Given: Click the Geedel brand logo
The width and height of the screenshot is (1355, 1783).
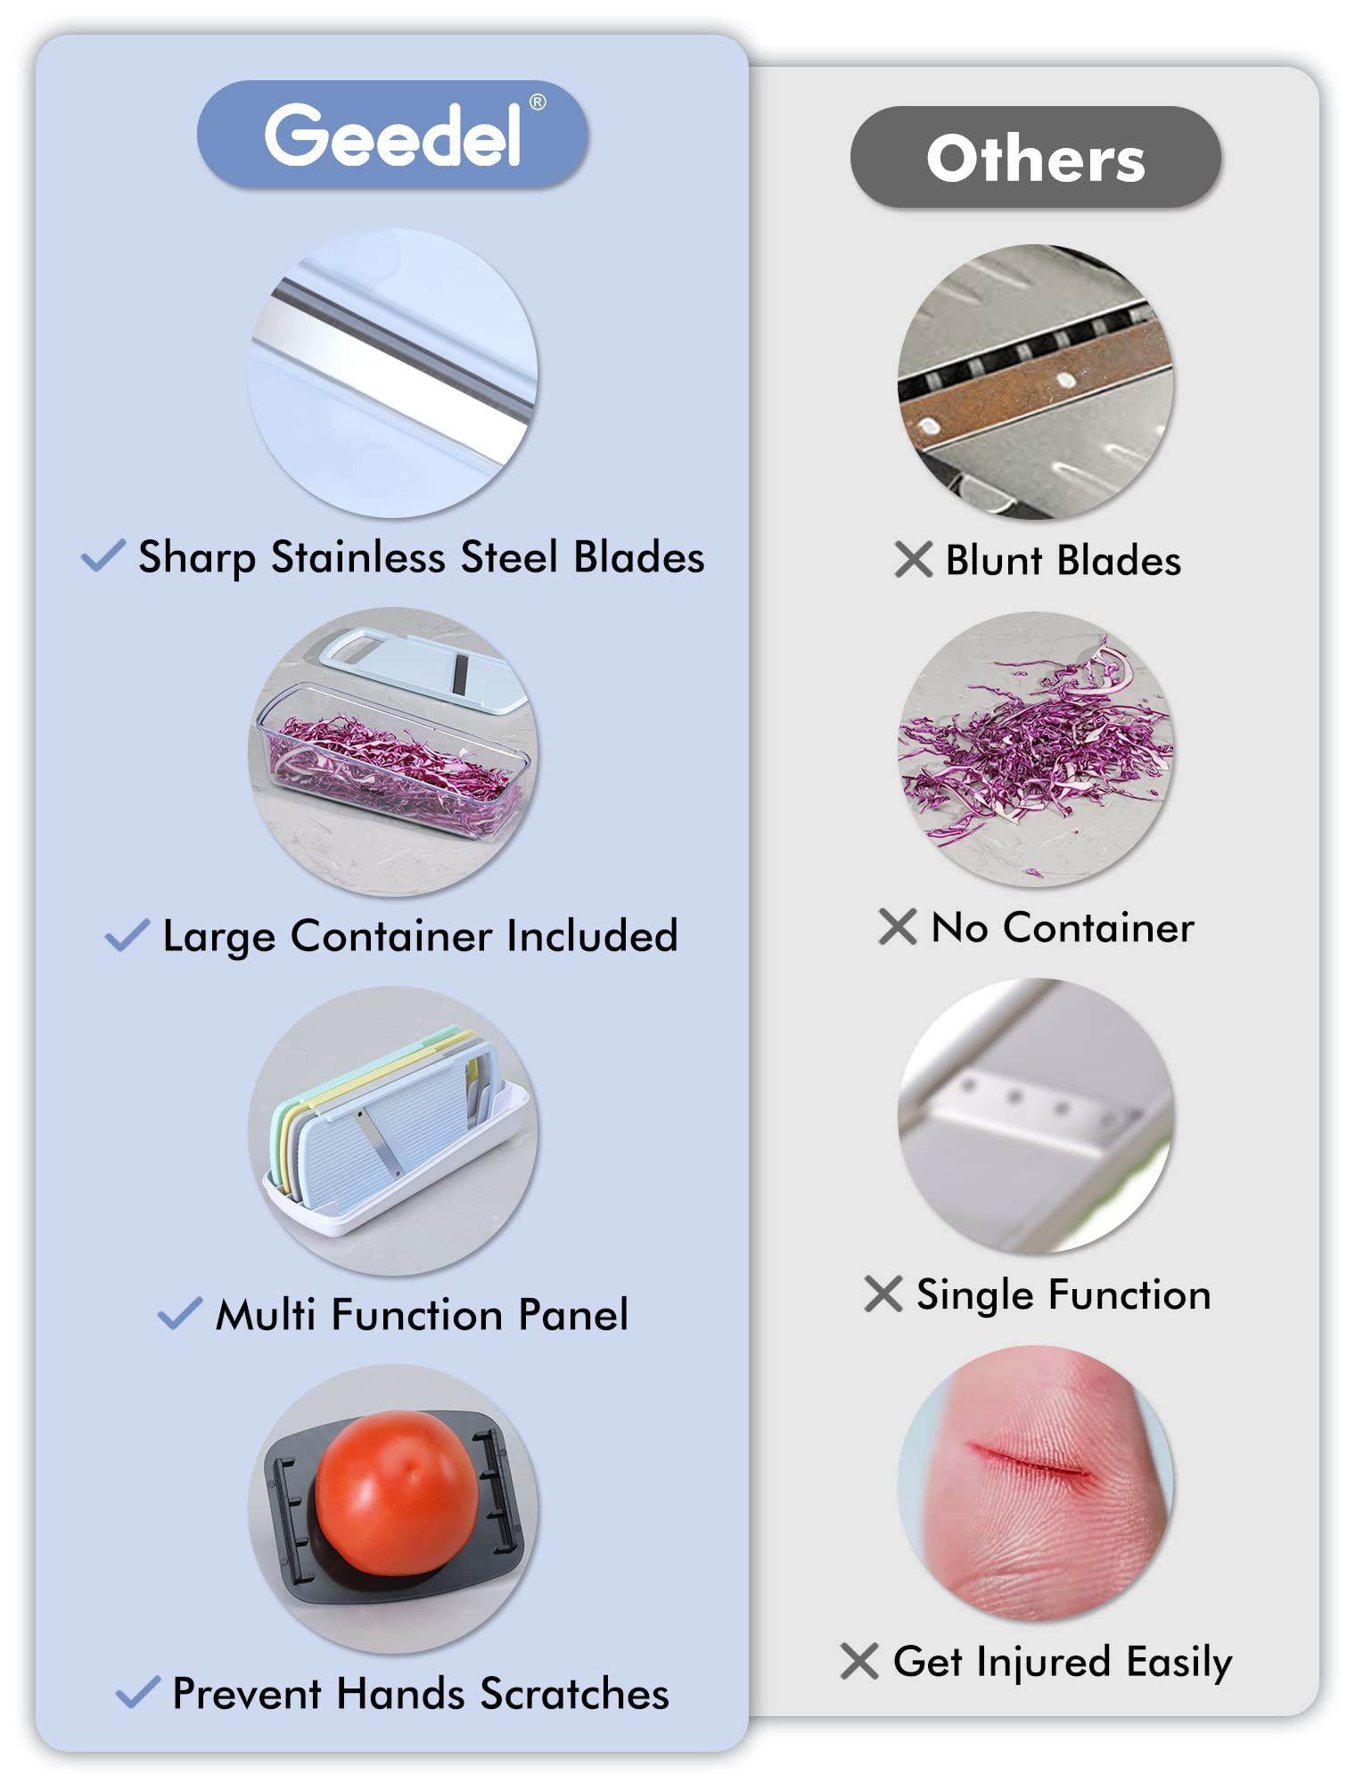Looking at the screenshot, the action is (x=392, y=135).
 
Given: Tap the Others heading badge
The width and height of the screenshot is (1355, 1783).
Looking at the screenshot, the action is (x=1036, y=158).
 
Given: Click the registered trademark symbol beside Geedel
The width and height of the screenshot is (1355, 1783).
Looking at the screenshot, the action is (x=538, y=103).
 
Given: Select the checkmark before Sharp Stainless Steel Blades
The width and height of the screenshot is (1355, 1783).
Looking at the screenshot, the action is (x=103, y=555).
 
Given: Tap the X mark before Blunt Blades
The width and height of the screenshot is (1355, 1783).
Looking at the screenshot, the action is (x=914, y=560).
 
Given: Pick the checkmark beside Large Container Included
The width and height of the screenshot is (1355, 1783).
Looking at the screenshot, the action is (x=127, y=935).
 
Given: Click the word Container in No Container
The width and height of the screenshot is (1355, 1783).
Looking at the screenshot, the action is (x=1098, y=928).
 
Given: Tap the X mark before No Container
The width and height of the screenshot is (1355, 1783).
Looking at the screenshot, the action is (x=898, y=926).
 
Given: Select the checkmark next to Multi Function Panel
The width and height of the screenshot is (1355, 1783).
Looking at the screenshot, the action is (x=180, y=1313).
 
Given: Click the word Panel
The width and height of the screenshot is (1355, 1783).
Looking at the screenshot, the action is (x=573, y=1315).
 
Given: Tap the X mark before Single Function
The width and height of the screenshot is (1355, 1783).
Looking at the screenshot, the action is (x=883, y=1294).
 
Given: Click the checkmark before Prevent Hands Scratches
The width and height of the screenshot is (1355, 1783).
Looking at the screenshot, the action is (x=138, y=1692).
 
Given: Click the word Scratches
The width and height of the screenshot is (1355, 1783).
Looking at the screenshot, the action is (x=574, y=1694).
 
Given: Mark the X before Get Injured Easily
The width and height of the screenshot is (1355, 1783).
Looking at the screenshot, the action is (x=859, y=1661).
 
